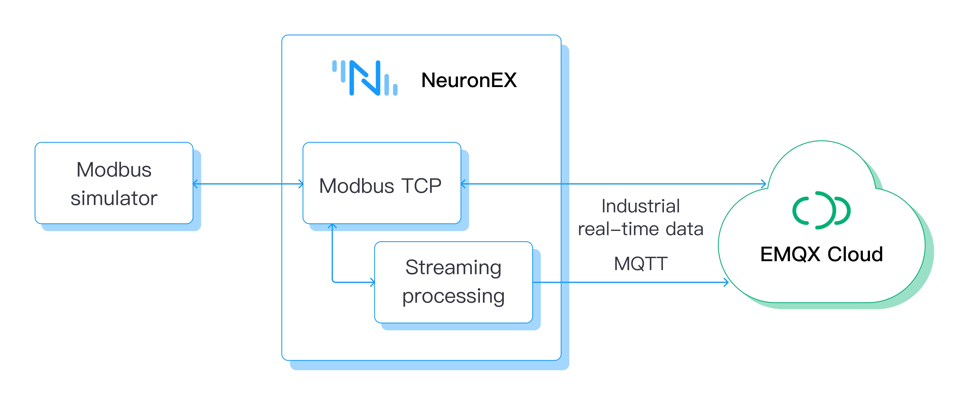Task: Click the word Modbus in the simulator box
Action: pos(114,170)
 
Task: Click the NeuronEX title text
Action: pos(468,80)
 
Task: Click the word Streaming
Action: pos(453,268)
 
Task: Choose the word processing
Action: pos(453,296)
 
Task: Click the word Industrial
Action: pos(641,206)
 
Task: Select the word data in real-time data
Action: pos(684,229)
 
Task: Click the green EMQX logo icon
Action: pos(821,210)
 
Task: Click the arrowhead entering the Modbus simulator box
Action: pos(195,184)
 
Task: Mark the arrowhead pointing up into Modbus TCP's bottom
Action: pos(332,226)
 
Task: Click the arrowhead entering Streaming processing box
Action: pos(372,282)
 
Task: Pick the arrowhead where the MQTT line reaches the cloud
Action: pos(726,282)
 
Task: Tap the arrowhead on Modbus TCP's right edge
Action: pos(463,184)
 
